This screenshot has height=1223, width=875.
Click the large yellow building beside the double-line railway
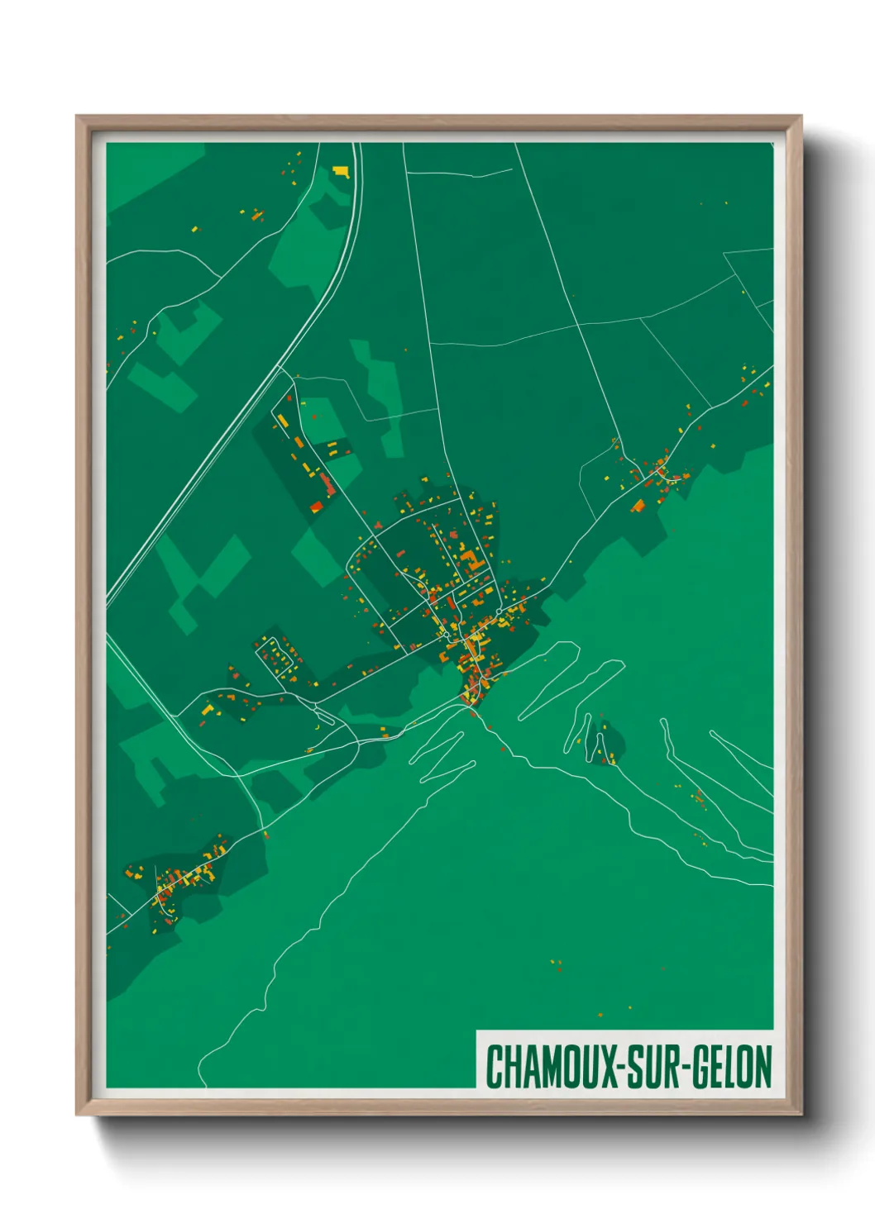[x=341, y=171]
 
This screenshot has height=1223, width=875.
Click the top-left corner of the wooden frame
[x=79, y=117]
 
